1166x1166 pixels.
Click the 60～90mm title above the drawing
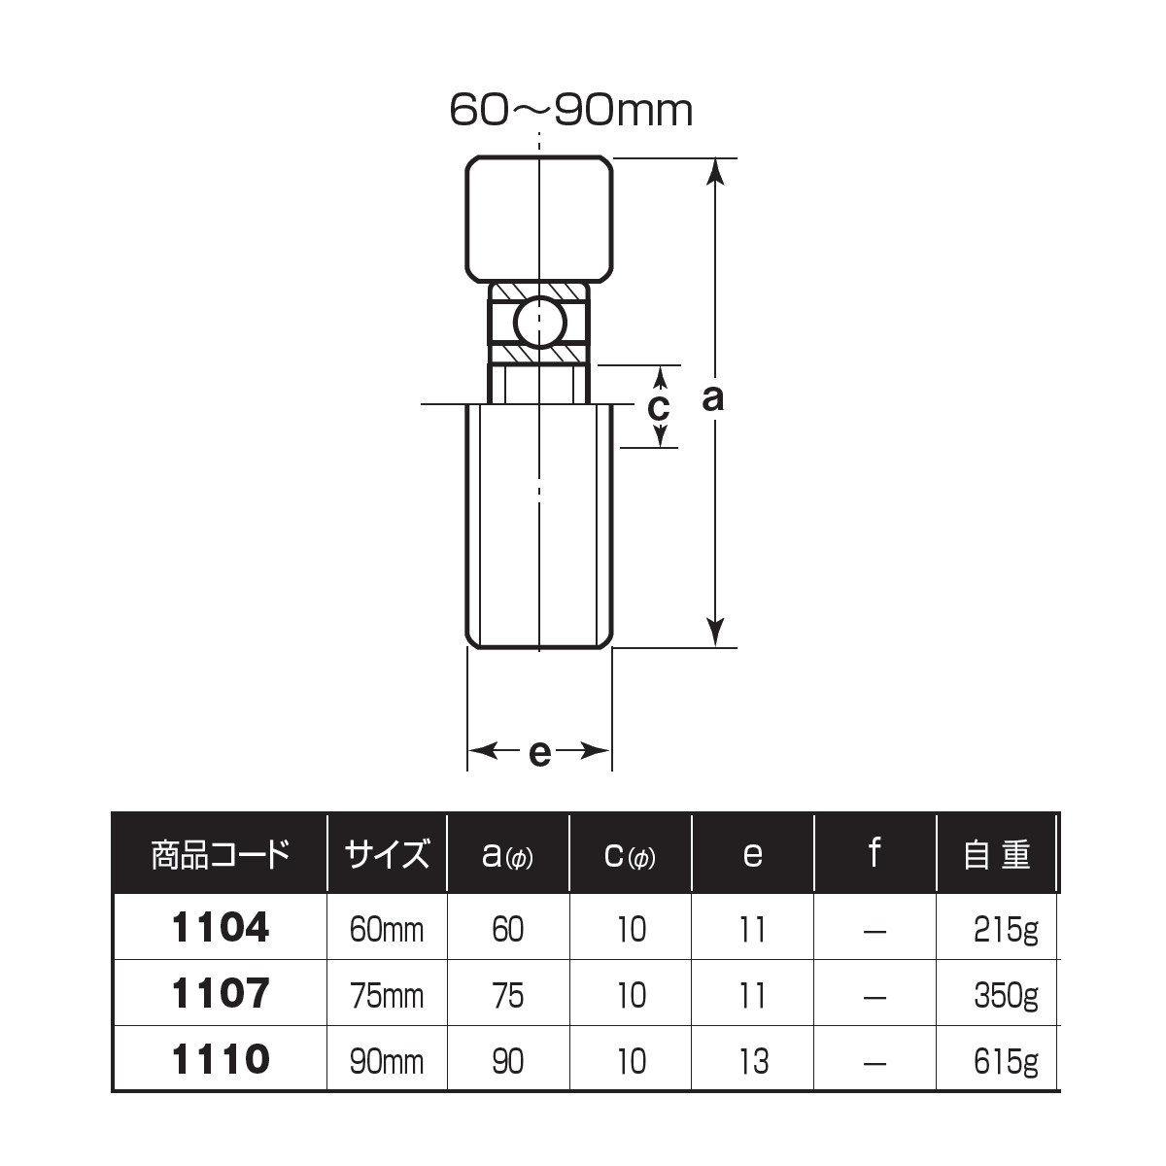point(570,111)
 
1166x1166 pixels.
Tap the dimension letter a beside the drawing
point(713,398)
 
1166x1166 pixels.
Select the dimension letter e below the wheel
point(539,753)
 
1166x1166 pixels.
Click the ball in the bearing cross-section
point(539,323)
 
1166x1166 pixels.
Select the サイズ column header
point(387,855)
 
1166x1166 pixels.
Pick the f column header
point(874,852)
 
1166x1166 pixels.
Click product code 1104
point(221,928)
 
